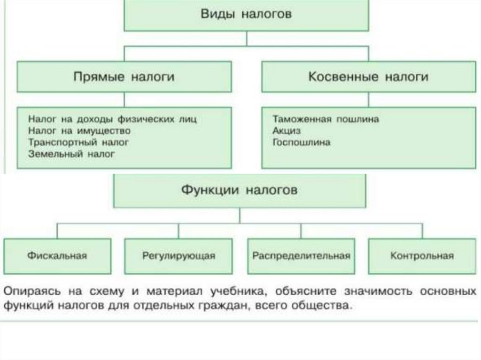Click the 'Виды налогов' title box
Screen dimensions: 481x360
coord(247,15)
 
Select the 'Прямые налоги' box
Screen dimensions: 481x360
coord(124,77)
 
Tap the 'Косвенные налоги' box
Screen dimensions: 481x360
coord(368,77)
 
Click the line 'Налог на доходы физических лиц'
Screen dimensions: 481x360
coord(112,119)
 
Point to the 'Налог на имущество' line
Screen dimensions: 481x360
coord(79,130)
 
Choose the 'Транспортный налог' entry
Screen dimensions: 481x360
coord(78,142)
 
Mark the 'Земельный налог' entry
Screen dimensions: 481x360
coord(71,153)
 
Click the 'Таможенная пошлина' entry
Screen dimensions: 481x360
coord(325,119)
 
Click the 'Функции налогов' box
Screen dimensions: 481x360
coord(240,191)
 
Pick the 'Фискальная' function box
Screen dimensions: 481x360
coord(57,256)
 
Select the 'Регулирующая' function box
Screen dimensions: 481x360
coord(178,256)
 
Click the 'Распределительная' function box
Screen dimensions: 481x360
coord(301,256)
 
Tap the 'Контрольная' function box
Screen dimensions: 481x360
coord(422,256)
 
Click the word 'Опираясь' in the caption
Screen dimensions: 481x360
coord(31,291)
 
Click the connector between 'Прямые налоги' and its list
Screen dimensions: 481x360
coord(124,100)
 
